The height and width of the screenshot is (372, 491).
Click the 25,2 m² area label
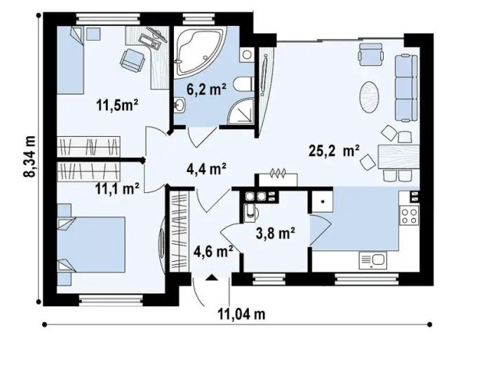[334, 150]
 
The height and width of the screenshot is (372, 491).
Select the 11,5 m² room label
[116, 107]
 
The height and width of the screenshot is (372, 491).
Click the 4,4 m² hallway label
[206, 168]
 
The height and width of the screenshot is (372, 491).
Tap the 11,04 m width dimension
[241, 314]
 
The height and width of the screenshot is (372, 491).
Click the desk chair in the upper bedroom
[130, 59]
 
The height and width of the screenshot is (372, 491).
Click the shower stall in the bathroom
[246, 109]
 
